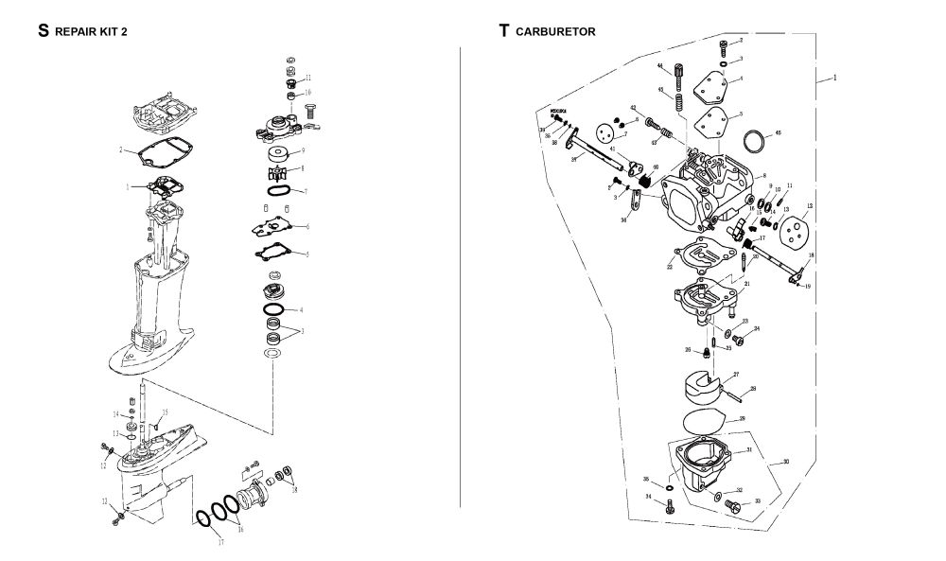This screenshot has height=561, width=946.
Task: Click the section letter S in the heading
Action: [x=43, y=30]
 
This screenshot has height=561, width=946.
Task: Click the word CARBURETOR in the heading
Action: [x=555, y=31]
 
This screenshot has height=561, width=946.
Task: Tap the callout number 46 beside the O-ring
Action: [x=777, y=133]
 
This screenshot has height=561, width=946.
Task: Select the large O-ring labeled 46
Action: [x=752, y=143]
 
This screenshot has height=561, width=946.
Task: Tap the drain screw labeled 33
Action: [x=729, y=506]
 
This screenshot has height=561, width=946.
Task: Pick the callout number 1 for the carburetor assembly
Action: [x=834, y=78]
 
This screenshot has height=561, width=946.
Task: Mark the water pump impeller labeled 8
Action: [x=280, y=175]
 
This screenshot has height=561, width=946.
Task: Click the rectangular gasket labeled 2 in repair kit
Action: [x=161, y=150]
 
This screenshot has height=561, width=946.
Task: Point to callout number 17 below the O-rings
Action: [x=220, y=542]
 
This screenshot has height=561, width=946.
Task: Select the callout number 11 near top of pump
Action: [x=308, y=77]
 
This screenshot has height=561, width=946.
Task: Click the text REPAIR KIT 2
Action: [x=92, y=31]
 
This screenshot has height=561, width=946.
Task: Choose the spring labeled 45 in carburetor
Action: [x=679, y=96]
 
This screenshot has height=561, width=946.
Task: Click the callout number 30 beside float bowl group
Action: [x=783, y=463]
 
